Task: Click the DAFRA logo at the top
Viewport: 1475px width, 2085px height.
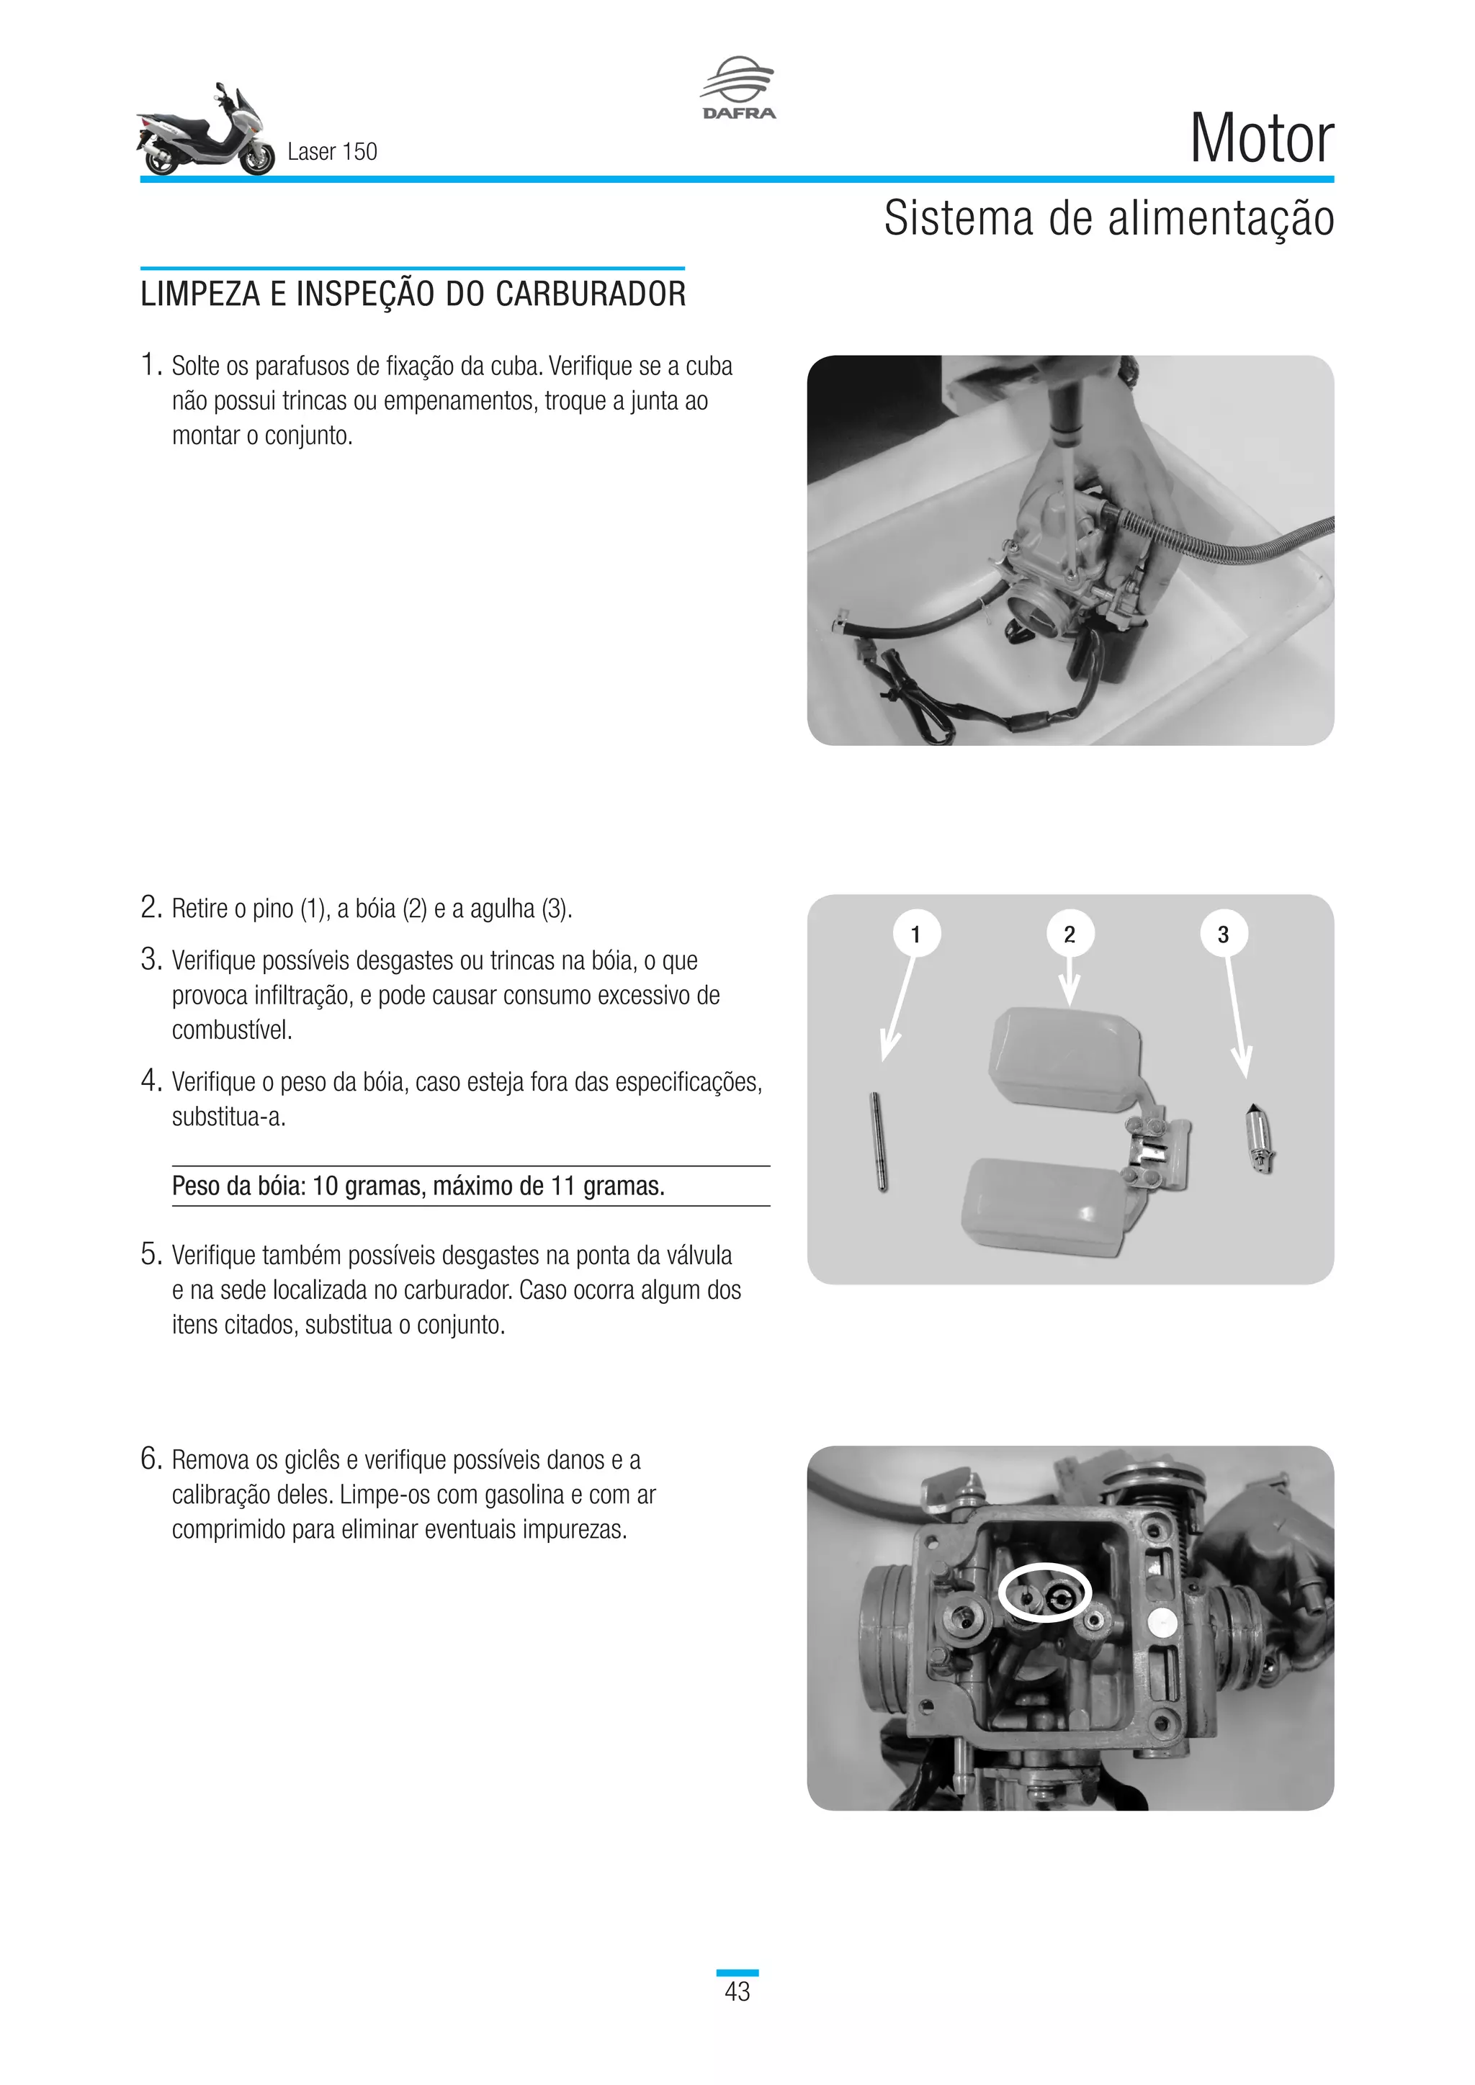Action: pos(737,89)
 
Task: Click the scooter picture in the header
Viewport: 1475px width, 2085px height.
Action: pos(206,132)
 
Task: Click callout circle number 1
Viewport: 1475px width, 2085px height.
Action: pos(915,934)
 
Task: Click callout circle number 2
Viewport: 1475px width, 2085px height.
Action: pos(1069,934)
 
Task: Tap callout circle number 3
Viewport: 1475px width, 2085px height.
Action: pos(1222,934)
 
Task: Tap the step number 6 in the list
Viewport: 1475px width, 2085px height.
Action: pos(151,1459)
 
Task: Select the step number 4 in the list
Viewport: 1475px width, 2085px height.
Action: pos(151,1081)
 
